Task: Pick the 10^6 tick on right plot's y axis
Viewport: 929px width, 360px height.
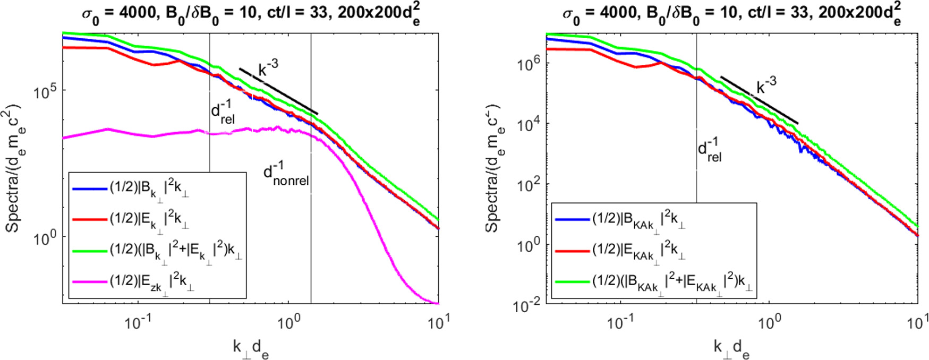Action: [x=528, y=64]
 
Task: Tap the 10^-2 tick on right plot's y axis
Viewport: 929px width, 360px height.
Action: [x=526, y=305]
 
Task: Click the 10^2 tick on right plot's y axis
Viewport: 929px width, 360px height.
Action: [x=528, y=185]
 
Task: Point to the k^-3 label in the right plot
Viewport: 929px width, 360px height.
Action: [x=765, y=84]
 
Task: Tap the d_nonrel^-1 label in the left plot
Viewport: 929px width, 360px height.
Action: [x=286, y=175]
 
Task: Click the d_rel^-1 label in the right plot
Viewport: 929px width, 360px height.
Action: [x=710, y=150]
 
